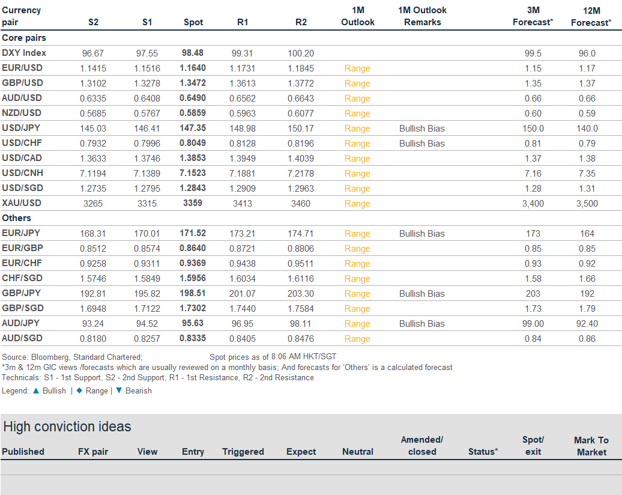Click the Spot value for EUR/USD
pyautogui.click(x=193, y=68)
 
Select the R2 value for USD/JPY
pyautogui.click(x=301, y=129)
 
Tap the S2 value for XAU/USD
pyautogui.click(x=93, y=204)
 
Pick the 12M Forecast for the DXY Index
pyautogui.click(x=587, y=53)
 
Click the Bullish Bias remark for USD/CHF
pyautogui.click(x=422, y=144)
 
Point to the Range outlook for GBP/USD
pyautogui.click(x=357, y=84)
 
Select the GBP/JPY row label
pyautogui.click(x=22, y=293)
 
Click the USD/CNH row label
pyautogui.click(x=23, y=173)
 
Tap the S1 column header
pyautogui.click(x=147, y=22)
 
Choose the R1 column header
pyautogui.click(x=243, y=22)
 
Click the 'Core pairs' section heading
pyautogui.click(x=24, y=38)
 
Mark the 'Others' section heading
pyautogui.click(x=16, y=218)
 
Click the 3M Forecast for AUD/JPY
pyautogui.click(x=533, y=324)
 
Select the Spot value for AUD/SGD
pyautogui.click(x=193, y=338)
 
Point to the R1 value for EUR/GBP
pyautogui.click(x=243, y=249)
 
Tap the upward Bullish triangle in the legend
pyautogui.click(x=36, y=390)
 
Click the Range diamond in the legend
pyautogui.click(x=79, y=390)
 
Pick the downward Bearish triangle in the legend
pyautogui.click(x=119, y=390)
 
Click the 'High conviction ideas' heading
pyautogui.click(x=67, y=427)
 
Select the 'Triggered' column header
pyautogui.click(x=243, y=452)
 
